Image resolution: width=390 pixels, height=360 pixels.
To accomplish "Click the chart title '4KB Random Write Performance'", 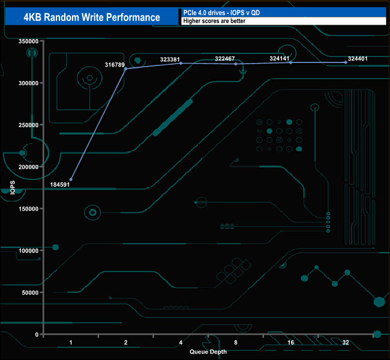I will coord(92,17).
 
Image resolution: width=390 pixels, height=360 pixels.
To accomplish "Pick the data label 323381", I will coord(172,59).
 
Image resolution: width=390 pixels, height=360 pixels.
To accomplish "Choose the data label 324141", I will coord(282,59).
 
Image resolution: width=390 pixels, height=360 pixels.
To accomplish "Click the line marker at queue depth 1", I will coord(71,179).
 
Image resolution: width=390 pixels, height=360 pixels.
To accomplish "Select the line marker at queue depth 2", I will coord(125,69).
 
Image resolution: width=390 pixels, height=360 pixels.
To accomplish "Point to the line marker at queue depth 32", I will coord(346,62).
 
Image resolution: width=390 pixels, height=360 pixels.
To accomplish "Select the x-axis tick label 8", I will coord(236,343).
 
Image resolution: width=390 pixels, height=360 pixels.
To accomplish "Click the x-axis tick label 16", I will coord(290,343).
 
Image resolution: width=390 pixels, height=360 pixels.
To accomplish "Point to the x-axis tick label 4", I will coord(181,343).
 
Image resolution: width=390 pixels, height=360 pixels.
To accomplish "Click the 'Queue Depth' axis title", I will coord(208,352).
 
